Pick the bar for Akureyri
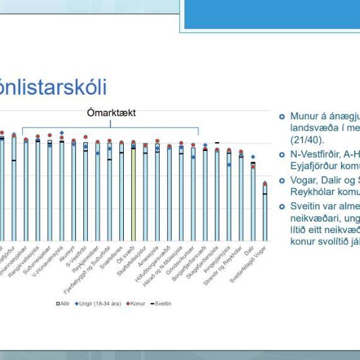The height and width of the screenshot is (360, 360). coord(74,189)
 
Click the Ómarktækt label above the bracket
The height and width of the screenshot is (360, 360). coord(112,114)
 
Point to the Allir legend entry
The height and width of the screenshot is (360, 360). coord(63,303)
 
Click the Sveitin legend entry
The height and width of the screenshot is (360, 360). coord(161,303)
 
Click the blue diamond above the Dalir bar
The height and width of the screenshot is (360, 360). coord(253,157)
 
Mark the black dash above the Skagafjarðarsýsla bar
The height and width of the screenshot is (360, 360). coord(217,143)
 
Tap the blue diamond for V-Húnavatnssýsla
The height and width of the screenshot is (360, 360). coord(62,133)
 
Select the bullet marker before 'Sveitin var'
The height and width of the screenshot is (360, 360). coord(282,206)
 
